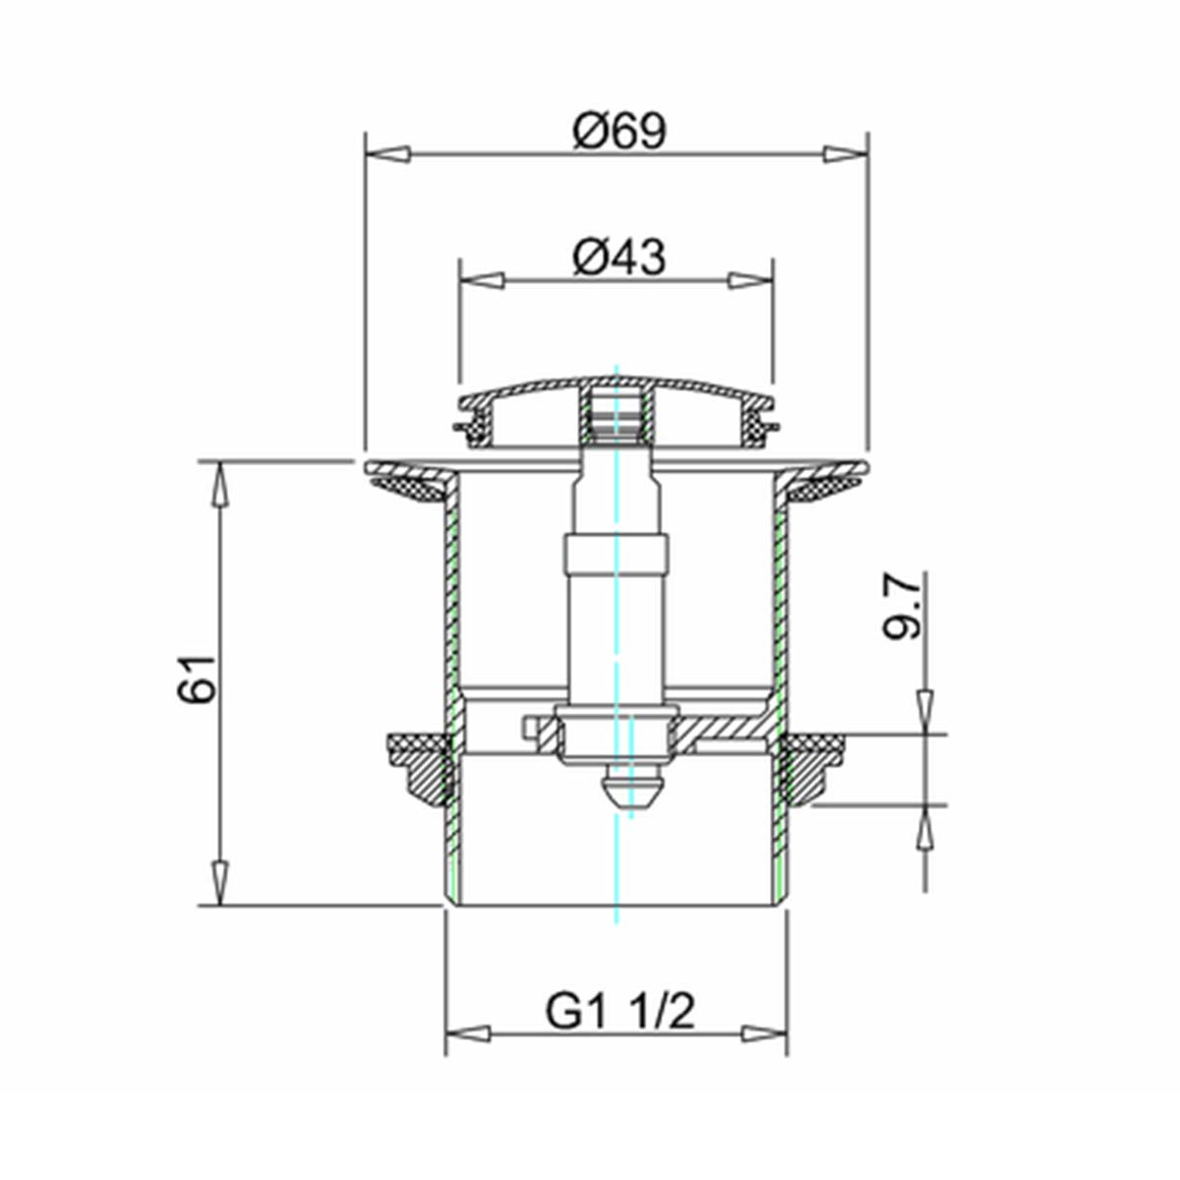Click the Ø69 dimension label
[x=619, y=132]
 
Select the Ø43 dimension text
[x=619, y=258]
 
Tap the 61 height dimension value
[x=198, y=678]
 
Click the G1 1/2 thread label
[x=620, y=1011]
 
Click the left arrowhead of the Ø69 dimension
[x=387, y=153]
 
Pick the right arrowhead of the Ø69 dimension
[x=846, y=153]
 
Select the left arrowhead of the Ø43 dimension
[x=482, y=280]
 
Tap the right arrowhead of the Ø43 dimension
[x=750, y=280]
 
